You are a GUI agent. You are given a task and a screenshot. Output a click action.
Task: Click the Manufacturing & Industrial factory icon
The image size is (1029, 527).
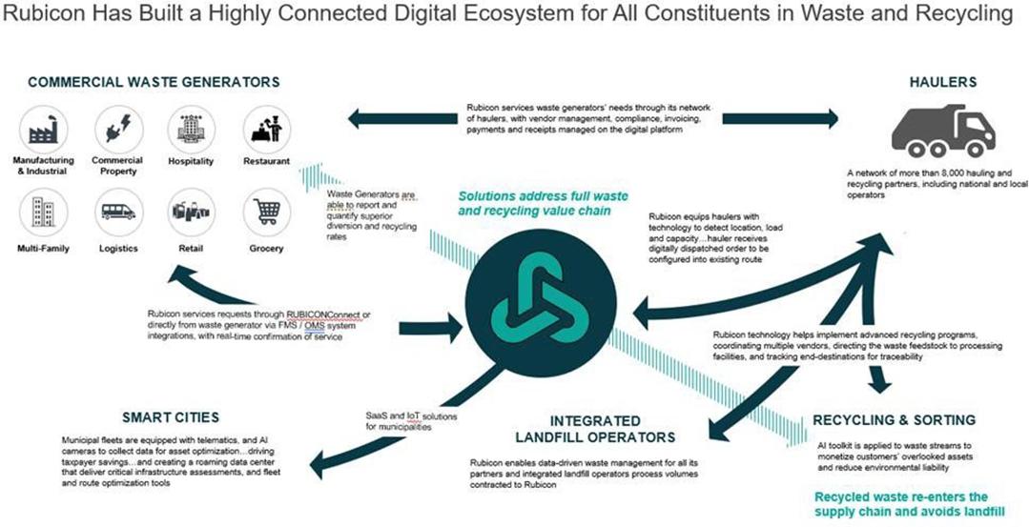point(43,130)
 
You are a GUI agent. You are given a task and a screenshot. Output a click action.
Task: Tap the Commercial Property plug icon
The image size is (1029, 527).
point(119,130)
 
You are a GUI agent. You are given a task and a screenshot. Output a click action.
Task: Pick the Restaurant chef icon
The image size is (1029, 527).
point(266,130)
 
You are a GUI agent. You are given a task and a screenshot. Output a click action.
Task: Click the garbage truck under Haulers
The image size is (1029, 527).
point(943,131)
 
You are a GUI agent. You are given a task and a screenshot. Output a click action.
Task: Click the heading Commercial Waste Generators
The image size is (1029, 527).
point(154,82)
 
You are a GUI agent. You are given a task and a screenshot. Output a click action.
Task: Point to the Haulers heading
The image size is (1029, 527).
point(943,82)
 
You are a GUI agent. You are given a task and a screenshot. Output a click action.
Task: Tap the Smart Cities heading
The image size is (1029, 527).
point(171,417)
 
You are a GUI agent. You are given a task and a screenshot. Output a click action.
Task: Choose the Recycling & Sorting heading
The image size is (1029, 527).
point(894,419)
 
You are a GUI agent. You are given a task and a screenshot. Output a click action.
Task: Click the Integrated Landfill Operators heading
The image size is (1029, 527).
point(595,429)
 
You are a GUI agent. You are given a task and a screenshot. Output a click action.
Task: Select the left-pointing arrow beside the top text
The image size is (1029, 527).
point(402,118)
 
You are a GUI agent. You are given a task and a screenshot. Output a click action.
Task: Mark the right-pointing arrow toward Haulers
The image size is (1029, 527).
point(780,118)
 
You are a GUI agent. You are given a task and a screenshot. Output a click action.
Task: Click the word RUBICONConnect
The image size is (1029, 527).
point(323,314)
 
